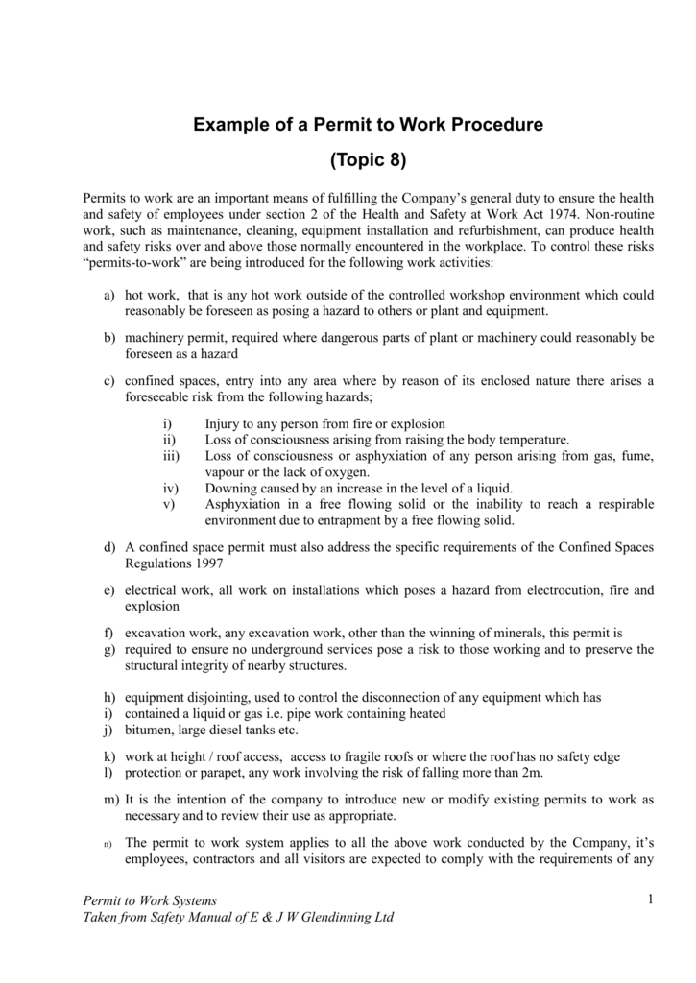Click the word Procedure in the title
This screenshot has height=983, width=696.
coord(497,124)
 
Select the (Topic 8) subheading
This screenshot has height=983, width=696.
coord(368,158)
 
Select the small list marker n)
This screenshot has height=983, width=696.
coord(109,845)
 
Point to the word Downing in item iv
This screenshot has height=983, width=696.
coord(230,488)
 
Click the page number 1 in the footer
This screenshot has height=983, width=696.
coord(649,899)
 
